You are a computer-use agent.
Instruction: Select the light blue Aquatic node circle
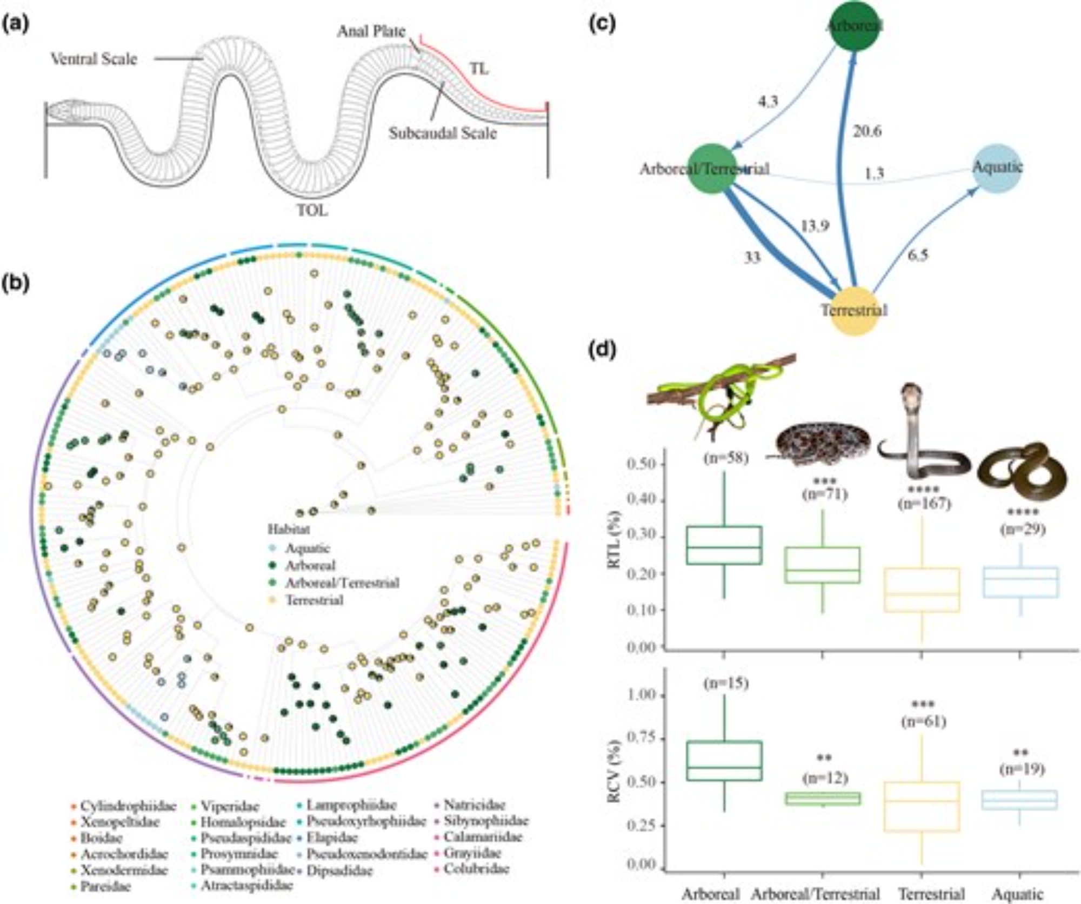pos(998,168)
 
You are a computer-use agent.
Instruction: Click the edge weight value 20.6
pos(867,131)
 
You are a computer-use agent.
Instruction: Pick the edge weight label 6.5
pos(917,255)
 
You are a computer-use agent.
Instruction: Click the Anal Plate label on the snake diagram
pos(371,32)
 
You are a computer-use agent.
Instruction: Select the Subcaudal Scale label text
pos(443,133)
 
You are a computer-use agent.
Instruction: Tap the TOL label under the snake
pos(312,210)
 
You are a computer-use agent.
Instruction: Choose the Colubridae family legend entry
pos(476,869)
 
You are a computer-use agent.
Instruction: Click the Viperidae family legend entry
pos(230,807)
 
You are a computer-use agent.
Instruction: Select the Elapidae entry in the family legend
pos(332,838)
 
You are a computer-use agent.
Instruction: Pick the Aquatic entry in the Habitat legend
pos(307,548)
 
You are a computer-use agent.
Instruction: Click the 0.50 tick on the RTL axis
pos(640,464)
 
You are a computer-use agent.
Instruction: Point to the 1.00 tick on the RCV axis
pos(640,694)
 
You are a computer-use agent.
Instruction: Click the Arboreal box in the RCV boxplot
pos(724,760)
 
